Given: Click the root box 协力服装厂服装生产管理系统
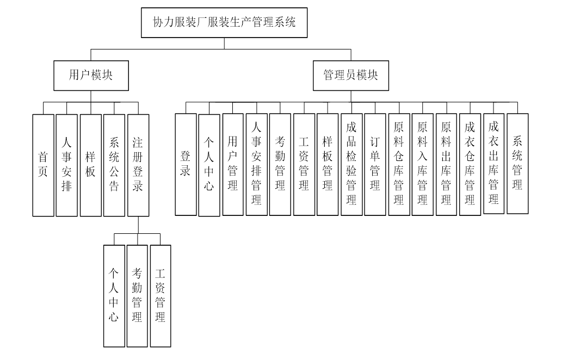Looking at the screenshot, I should (x=225, y=22).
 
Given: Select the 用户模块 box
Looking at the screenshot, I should (x=91, y=75).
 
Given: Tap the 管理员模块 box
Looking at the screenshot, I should (x=350, y=75).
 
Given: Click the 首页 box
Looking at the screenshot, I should (x=43, y=165).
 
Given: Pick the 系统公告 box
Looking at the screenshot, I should (x=114, y=165).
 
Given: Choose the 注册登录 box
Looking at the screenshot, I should (x=138, y=165).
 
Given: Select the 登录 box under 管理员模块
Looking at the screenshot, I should (x=186, y=164).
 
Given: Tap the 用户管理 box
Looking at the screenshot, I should (x=233, y=164).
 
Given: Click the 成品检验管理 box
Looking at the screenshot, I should (x=351, y=164).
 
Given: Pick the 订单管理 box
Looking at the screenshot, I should (x=375, y=164).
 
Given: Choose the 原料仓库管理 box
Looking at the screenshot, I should (x=399, y=164).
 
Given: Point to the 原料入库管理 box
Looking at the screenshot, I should (x=422, y=164).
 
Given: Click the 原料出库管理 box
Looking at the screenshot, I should (x=446, y=164).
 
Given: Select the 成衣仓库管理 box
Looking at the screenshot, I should (x=470, y=164).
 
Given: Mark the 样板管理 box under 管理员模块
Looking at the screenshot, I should (x=328, y=164).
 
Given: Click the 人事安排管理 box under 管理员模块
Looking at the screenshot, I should (x=256, y=164).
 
